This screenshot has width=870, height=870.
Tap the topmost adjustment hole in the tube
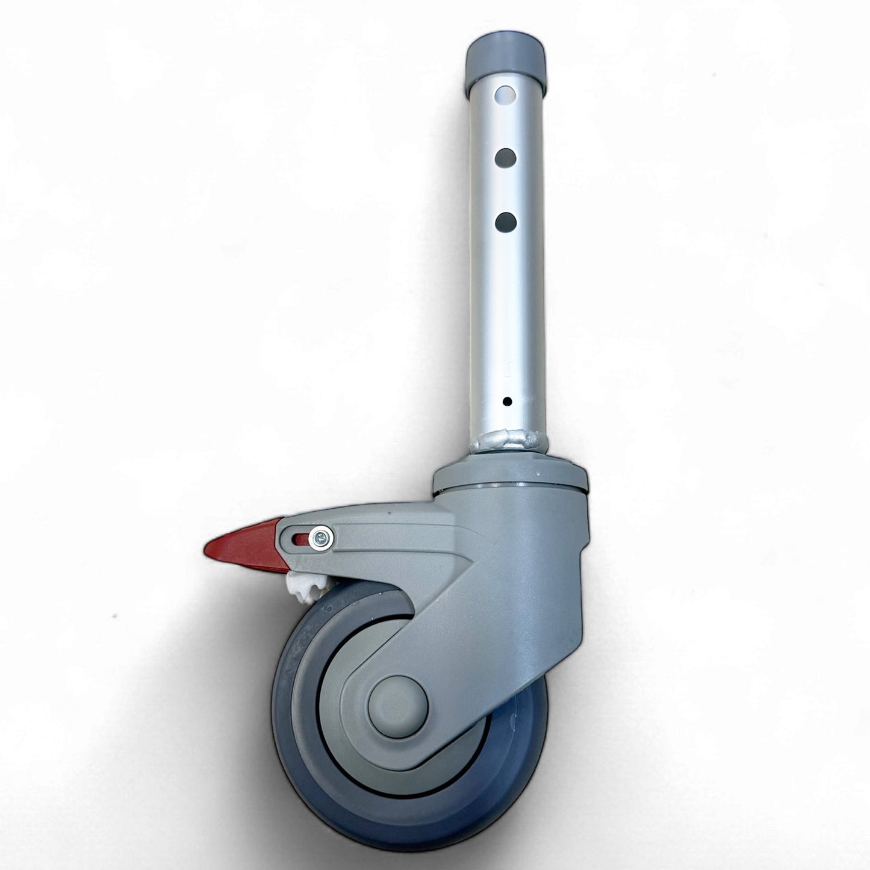click(x=506, y=95)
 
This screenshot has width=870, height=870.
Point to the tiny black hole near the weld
click(x=507, y=401)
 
